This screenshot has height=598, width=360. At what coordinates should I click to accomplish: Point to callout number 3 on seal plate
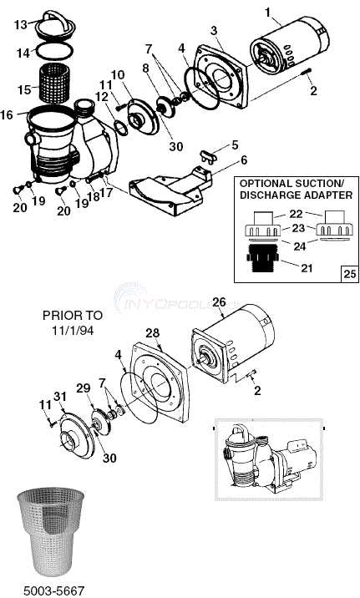[x=215, y=31]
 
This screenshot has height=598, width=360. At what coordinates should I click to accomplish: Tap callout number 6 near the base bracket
[x=243, y=160]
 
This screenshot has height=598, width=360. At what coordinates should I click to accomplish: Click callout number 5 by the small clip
[x=235, y=144]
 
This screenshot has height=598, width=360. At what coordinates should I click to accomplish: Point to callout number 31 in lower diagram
[x=59, y=395]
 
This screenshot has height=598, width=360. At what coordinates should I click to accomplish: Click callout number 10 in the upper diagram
[x=118, y=75]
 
